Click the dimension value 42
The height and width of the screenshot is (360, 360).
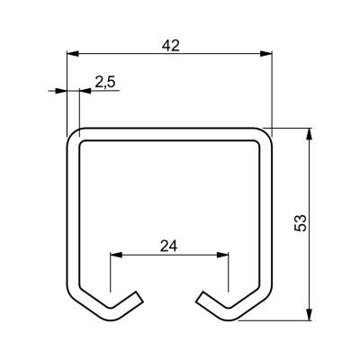pyautogui.click(x=171, y=45)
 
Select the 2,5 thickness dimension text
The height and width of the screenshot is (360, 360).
pyautogui.click(x=105, y=82)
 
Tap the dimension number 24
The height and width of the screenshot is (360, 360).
pyautogui.click(x=169, y=246)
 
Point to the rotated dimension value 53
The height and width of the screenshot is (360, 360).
pyautogui.click(x=301, y=222)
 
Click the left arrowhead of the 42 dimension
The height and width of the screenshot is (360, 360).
pyautogui.click(x=73, y=54)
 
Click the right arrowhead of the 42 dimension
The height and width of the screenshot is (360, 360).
pyautogui.click(x=265, y=54)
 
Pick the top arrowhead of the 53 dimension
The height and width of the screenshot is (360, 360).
pyautogui.click(x=310, y=134)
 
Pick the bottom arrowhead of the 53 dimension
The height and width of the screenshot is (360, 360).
pyautogui.click(x=310, y=314)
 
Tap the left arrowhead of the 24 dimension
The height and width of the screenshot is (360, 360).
pyautogui.click(x=116, y=255)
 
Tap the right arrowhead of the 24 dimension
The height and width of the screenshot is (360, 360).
pyautogui.click(x=222, y=255)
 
